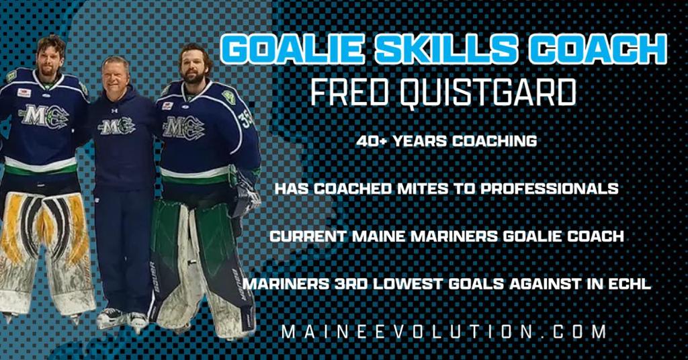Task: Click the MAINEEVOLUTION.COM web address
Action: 444,331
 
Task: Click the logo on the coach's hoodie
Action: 116,126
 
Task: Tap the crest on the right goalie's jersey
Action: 183,128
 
